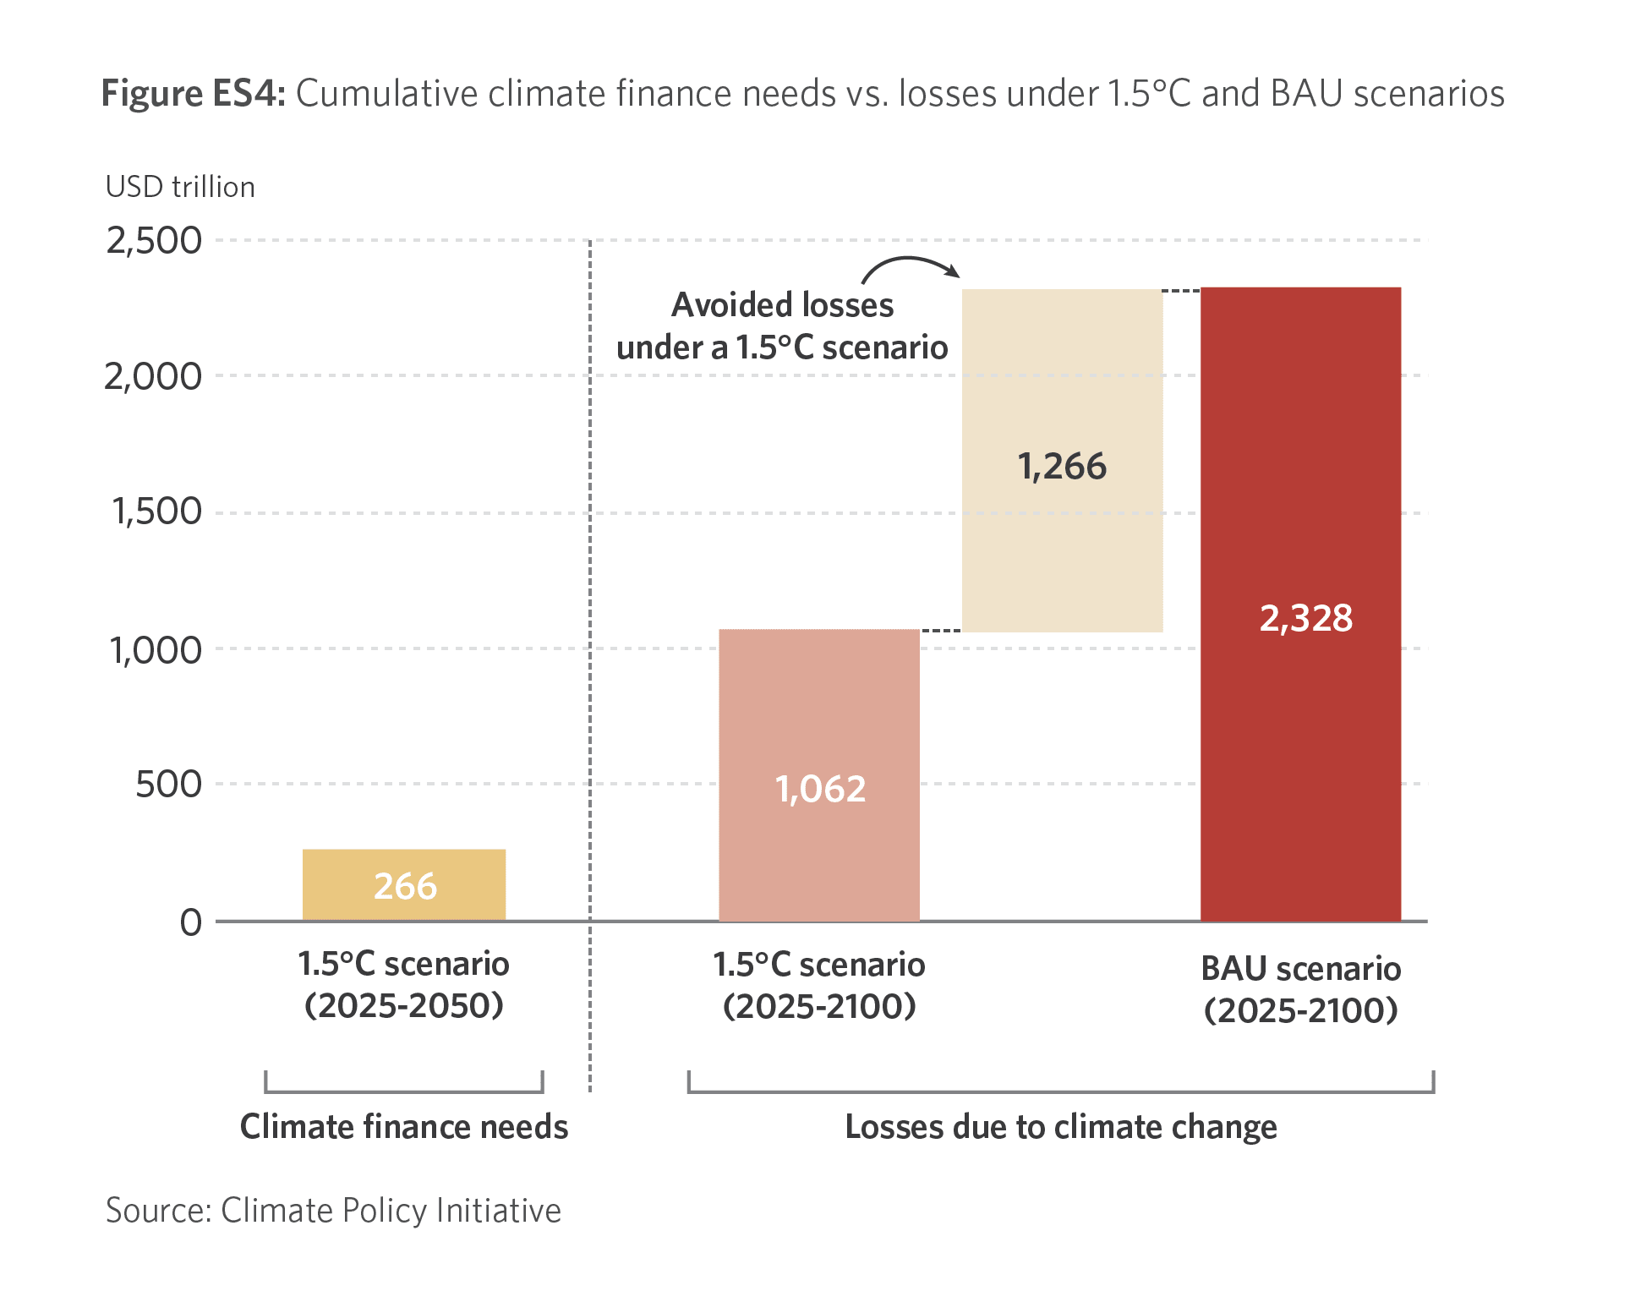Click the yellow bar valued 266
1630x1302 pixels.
point(404,884)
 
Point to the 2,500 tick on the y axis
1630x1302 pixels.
point(154,241)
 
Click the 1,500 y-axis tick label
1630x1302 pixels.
point(156,511)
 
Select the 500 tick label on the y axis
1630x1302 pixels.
point(168,784)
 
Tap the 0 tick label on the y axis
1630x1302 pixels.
point(191,922)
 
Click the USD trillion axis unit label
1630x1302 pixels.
point(180,187)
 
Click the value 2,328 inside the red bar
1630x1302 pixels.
point(1305,618)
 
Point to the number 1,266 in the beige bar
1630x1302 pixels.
point(1062,466)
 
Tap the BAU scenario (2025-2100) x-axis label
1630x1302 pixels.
point(1300,989)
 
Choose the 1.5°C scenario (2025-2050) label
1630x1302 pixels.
point(404,984)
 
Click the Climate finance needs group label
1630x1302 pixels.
point(404,1127)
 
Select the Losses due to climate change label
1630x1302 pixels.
point(1061,1127)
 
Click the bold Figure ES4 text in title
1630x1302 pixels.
point(194,93)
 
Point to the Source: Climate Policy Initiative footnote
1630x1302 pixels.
point(333,1211)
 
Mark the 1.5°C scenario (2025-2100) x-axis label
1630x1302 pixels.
point(818,985)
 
